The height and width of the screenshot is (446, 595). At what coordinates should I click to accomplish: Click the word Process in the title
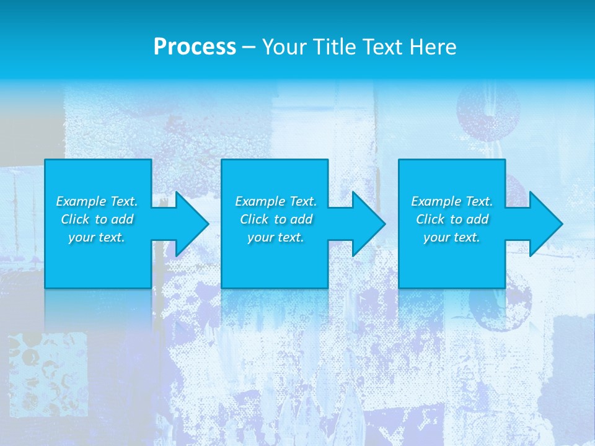(x=195, y=47)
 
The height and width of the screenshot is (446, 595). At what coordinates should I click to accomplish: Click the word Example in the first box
(x=80, y=201)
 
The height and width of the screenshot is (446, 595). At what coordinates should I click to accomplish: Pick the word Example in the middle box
(x=259, y=201)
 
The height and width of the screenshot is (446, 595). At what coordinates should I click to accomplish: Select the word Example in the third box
(x=435, y=201)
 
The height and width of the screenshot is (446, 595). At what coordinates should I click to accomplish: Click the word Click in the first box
(x=74, y=219)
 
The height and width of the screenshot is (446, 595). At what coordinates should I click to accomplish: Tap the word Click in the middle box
(x=253, y=219)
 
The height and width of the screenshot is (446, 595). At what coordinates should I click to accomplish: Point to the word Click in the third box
(x=430, y=219)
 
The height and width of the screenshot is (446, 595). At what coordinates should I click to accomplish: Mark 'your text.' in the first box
(x=97, y=237)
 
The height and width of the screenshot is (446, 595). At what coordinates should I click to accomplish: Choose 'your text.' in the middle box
(x=276, y=237)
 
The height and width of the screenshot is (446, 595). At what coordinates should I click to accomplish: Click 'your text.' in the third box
(x=452, y=237)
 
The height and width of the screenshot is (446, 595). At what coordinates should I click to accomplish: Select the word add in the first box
(x=122, y=219)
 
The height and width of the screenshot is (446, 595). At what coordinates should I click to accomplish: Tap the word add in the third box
(x=477, y=219)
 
